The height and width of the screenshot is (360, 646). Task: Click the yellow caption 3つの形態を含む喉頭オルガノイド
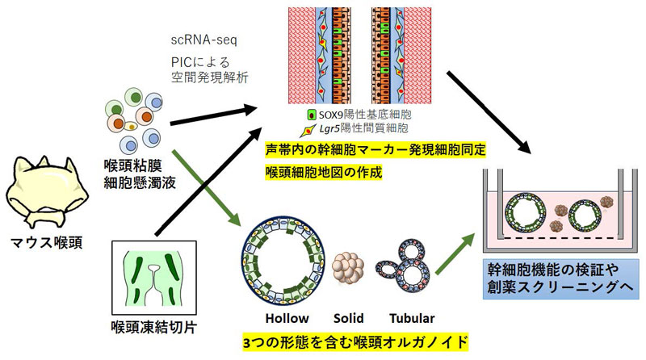tap(355, 341)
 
